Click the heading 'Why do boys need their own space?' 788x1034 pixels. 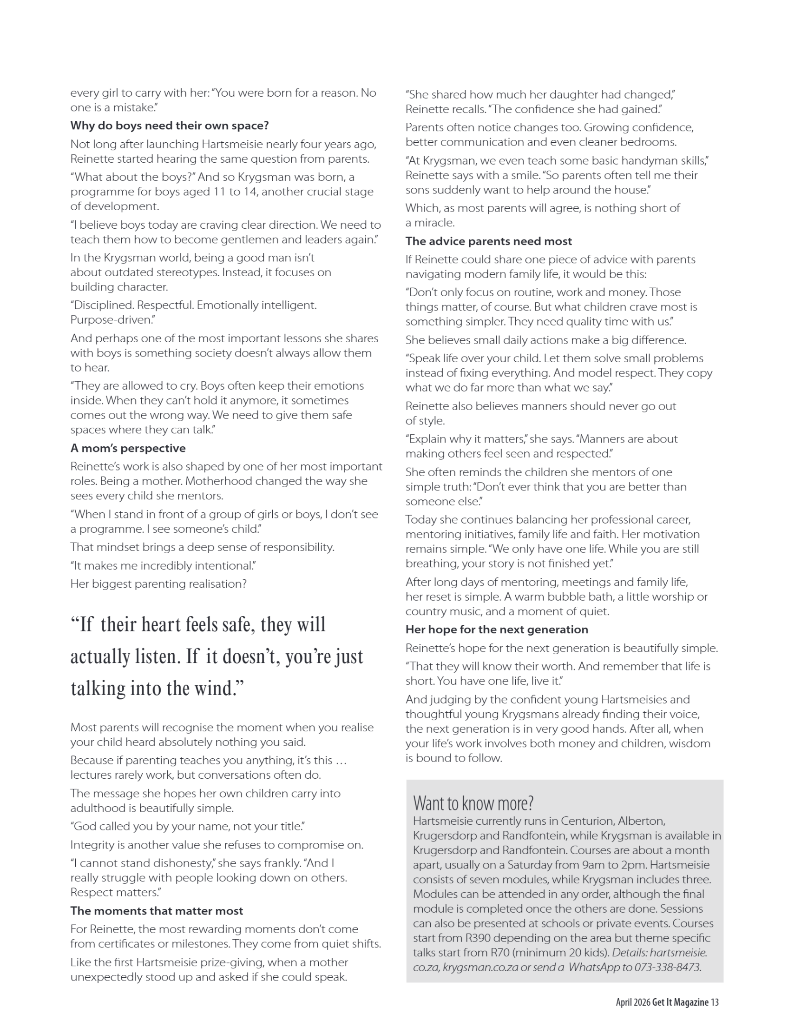[169, 126]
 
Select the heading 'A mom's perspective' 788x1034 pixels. [128, 448]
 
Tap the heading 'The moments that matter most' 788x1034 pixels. [157, 911]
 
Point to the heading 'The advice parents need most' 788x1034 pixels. [488, 241]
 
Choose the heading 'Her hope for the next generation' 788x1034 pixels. [497, 630]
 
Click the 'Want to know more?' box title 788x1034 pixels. [473, 803]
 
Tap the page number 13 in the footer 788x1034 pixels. [715, 1002]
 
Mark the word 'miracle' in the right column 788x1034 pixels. [434, 223]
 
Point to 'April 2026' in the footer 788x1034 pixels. [633, 1002]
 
